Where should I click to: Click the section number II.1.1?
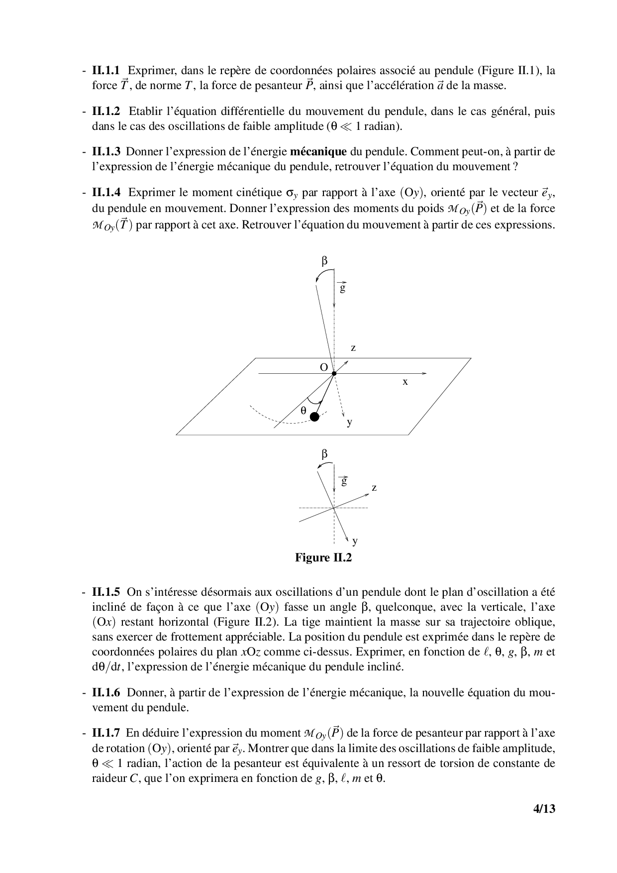106,71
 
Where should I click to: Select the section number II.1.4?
106,193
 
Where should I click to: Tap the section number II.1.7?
106,733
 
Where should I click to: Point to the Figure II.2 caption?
323,557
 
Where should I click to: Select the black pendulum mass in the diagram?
314,417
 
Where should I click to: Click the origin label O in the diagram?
323,368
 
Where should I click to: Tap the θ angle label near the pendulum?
304,411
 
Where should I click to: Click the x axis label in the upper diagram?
406,382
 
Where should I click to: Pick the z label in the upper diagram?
353,348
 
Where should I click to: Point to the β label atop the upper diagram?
325,261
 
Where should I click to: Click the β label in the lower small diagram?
325,454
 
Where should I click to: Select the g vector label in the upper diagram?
342,287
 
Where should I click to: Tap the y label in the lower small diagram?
355,541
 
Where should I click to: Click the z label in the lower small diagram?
374,488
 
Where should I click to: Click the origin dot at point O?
334,373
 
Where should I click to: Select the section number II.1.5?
106,592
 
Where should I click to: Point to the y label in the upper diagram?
350,423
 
